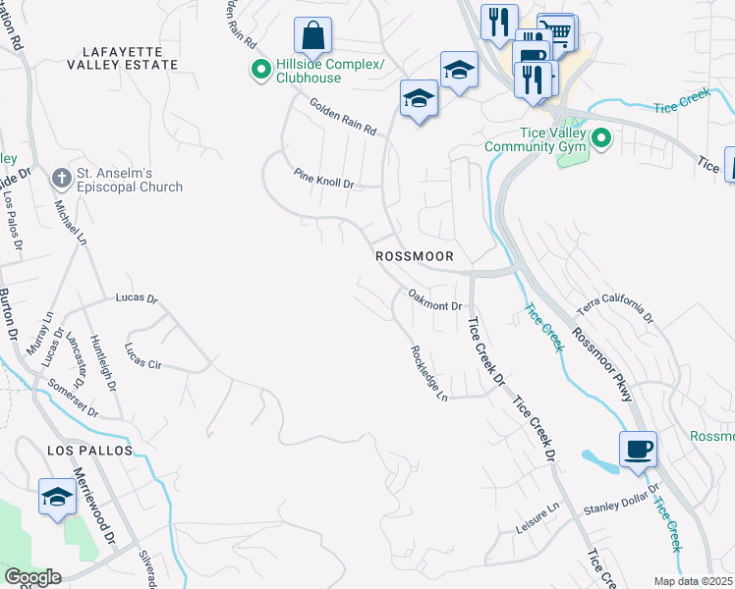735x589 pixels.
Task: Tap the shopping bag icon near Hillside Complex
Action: (x=312, y=37)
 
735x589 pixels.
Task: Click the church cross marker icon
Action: (x=61, y=179)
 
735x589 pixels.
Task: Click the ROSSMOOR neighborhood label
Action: (x=414, y=255)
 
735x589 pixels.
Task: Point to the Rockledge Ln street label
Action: (x=429, y=372)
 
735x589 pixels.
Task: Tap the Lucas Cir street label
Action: (x=142, y=355)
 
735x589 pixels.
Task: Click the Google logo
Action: (x=31, y=577)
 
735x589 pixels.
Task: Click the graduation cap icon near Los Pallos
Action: (x=57, y=497)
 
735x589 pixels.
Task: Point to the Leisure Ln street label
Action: (x=537, y=519)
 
